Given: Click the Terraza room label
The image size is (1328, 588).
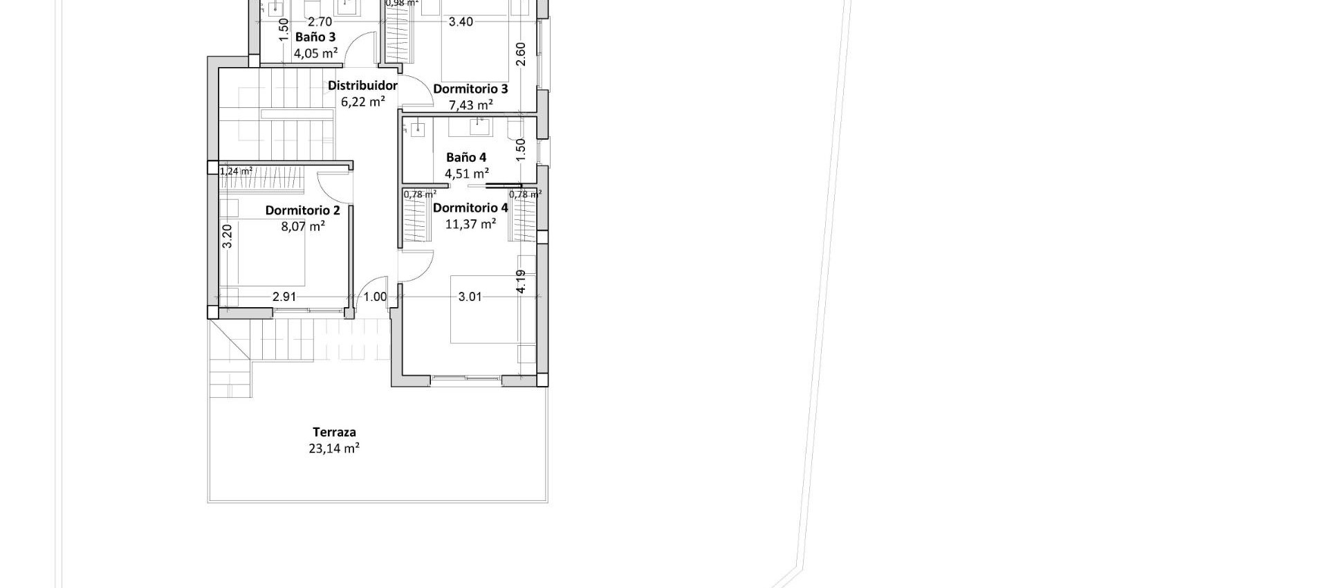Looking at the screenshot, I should (334, 432).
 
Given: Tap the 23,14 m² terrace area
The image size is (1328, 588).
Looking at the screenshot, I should (334, 448).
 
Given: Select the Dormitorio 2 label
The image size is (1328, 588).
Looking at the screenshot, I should (302, 210).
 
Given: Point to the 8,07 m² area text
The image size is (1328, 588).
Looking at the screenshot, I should (303, 226).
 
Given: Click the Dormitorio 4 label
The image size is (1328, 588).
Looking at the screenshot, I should (470, 208).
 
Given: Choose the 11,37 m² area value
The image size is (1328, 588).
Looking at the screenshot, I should (470, 224).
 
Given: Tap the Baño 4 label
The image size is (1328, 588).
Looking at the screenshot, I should (466, 157).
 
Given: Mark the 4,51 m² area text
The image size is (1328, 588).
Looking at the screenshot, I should (467, 173).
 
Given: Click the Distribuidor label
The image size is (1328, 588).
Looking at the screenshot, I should (362, 86).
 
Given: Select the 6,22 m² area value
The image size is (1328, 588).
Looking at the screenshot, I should (363, 102).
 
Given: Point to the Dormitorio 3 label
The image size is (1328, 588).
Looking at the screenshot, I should (470, 89).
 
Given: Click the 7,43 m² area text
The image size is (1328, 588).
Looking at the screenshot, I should (471, 105).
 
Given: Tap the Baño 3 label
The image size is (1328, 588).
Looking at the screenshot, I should (315, 37).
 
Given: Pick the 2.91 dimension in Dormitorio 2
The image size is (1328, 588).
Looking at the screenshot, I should (284, 297).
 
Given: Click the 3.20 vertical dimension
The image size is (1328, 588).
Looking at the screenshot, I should (228, 236).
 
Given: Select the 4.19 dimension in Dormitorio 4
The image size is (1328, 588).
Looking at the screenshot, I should (521, 282).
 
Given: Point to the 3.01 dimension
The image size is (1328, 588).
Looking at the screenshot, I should (470, 297).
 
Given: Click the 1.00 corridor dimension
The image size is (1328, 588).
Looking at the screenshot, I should (376, 297).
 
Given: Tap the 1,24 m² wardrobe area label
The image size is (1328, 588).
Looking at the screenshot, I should (236, 171).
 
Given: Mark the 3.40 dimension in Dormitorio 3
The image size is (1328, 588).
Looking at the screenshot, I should (461, 22).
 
